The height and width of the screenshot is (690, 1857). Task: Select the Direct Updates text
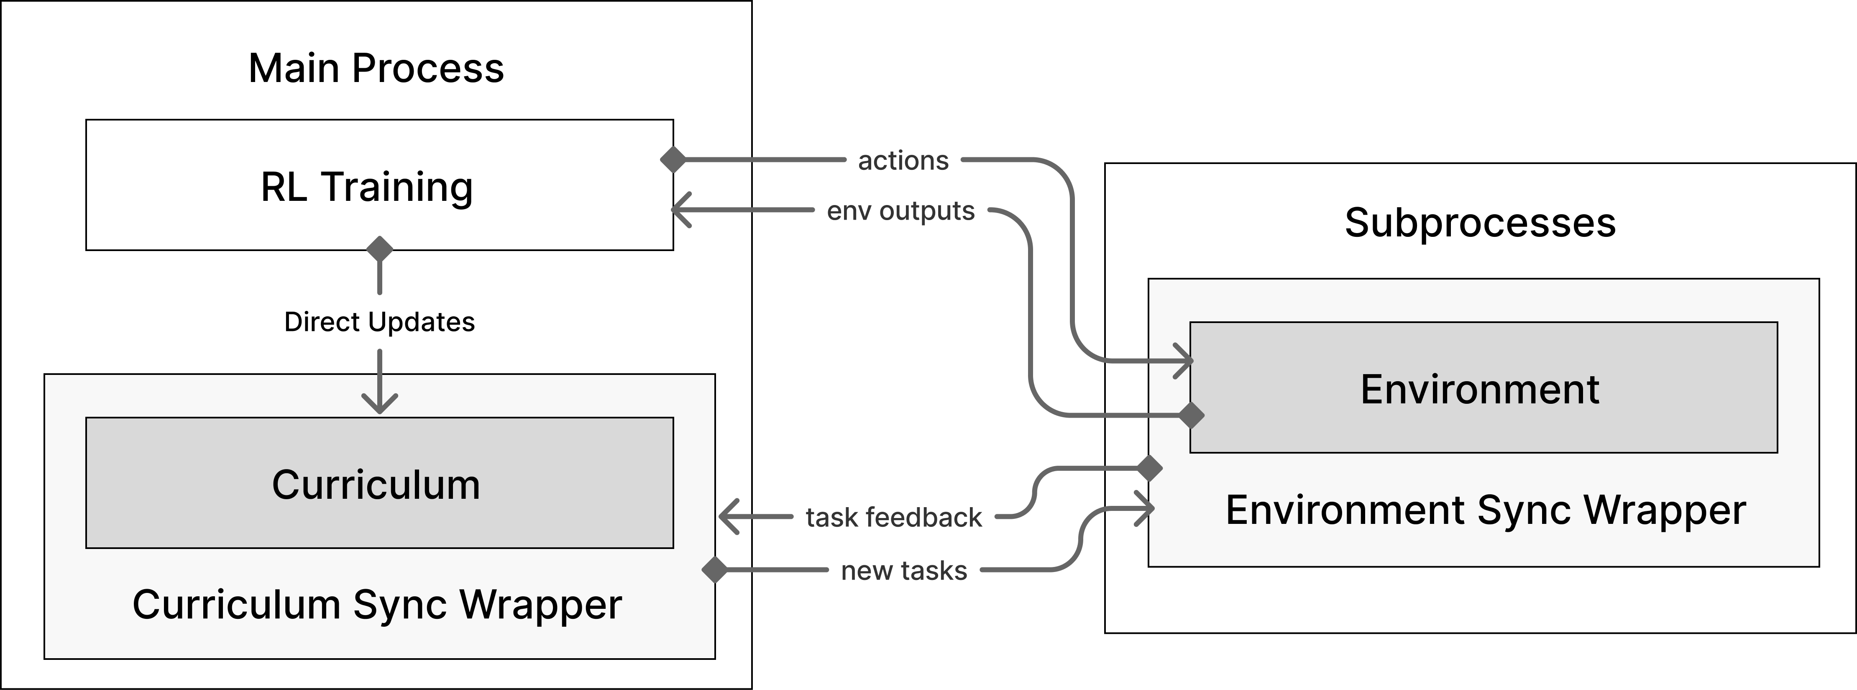[x=379, y=321]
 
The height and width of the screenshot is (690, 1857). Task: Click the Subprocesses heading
[x=1480, y=223]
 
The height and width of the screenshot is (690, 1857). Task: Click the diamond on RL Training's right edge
[x=673, y=159]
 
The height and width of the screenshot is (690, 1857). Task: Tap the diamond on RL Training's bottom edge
[x=380, y=249]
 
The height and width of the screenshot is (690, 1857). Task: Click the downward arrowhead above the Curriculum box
[x=380, y=404]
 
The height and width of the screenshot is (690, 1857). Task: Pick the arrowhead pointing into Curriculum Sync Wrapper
[x=728, y=516]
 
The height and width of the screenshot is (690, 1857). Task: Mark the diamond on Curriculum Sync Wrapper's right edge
[x=715, y=569]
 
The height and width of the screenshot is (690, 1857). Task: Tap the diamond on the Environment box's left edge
[x=1191, y=416]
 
